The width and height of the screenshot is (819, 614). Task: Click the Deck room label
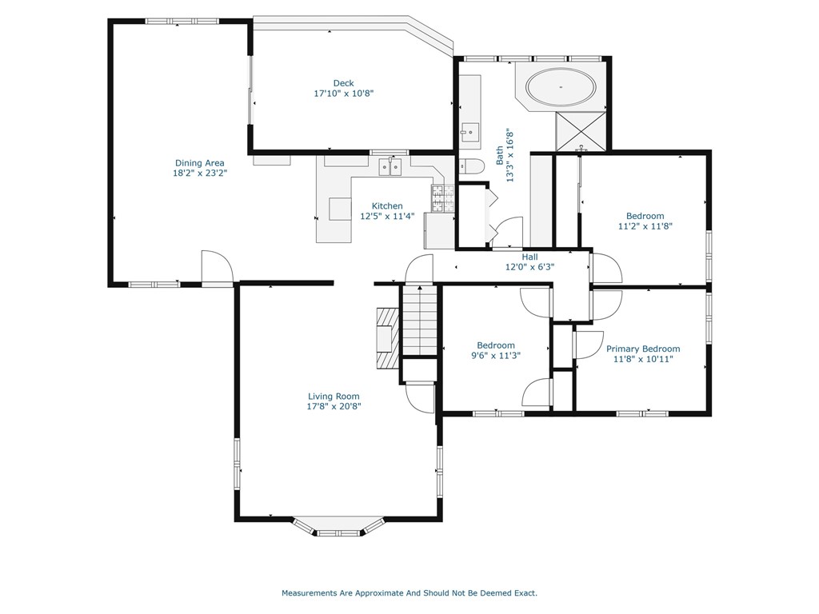(343, 83)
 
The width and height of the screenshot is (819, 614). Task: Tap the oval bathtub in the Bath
(561, 87)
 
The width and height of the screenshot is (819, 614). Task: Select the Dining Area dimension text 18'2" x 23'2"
(200, 173)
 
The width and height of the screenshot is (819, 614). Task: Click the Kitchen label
(387, 205)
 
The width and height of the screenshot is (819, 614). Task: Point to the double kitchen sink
(390, 166)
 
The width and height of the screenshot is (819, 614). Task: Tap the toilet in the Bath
(471, 166)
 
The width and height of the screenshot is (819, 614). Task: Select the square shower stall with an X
(581, 130)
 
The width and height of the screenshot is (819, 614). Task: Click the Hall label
(529, 257)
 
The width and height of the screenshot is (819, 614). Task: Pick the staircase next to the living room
(419, 321)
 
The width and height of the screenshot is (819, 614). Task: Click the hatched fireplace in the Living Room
(388, 338)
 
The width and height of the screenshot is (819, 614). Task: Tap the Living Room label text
(334, 397)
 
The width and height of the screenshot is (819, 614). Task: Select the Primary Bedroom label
(643, 349)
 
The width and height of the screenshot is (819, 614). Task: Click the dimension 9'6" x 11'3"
(496, 356)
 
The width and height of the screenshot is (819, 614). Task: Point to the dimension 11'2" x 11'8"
(645, 226)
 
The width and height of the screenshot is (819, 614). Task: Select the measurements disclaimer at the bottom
(409, 592)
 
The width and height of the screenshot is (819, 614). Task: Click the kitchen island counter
(340, 209)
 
